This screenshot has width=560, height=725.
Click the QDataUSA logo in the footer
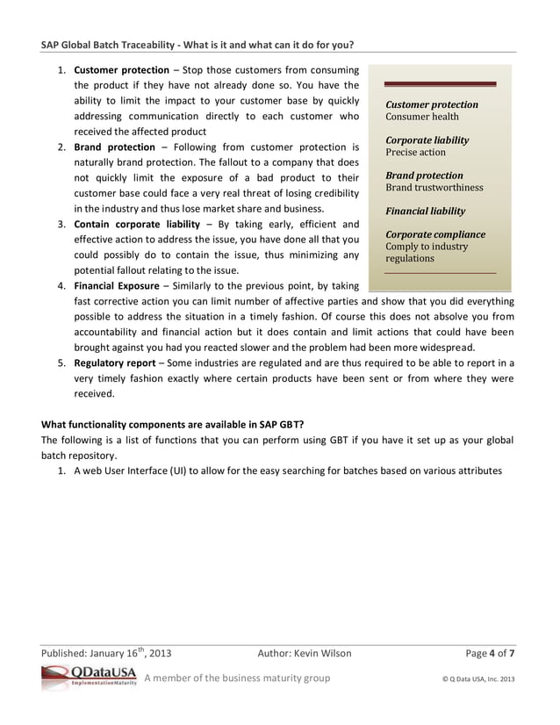[x=89, y=676]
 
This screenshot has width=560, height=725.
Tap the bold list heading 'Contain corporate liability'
[x=138, y=224]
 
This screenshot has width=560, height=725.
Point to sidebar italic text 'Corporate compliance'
[x=435, y=234]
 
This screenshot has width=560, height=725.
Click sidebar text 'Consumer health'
[x=422, y=117]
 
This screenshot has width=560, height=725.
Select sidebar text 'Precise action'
[x=416, y=152]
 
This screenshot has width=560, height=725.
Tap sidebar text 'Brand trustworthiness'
[x=434, y=187]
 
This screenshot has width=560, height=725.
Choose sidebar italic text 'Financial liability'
[x=426, y=211]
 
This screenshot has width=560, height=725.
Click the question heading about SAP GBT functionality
[x=173, y=424]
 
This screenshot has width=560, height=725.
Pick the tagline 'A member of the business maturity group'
[x=237, y=677]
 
